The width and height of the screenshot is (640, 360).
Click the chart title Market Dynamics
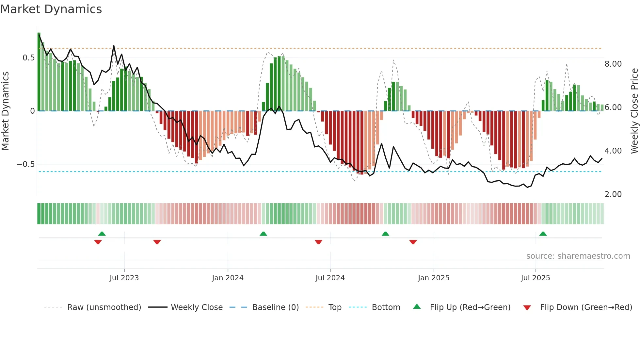click(x=51, y=9)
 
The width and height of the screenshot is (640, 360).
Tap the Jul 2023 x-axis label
click(x=124, y=278)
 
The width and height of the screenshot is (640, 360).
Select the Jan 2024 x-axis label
click(x=228, y=278)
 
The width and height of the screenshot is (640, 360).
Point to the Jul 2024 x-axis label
click(x=330, y=278)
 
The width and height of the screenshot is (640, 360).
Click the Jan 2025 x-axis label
click(x=433, y=278)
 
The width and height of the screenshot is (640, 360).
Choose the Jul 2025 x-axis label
click(x=535, y=278)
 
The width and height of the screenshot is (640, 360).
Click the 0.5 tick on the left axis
click(x=28, y=58)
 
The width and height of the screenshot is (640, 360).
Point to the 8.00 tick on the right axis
click(x=613, y=64)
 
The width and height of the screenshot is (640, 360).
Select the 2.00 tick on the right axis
click(x=613, y=194)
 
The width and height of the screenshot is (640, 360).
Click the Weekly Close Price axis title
click(x=634, y=111)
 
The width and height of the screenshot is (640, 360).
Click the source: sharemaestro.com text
click(x=578, y=256)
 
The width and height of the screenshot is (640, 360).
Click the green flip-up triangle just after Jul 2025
click(x=543, y=234)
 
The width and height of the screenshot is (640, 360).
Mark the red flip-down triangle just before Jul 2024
click(x=318, y=242)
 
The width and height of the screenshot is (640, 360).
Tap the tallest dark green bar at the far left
click(x=39, y=72)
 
